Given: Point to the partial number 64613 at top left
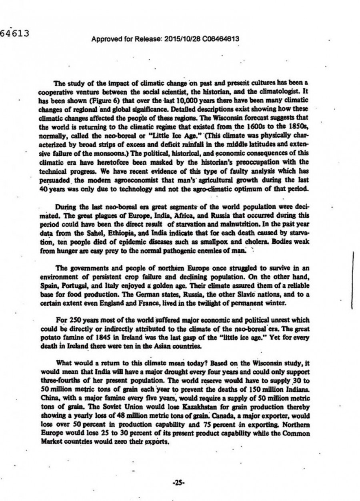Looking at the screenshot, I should pyautogui.click(x=15, y=34).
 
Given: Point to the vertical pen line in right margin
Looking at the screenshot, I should pyautogui.click(x=352, y=282).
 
